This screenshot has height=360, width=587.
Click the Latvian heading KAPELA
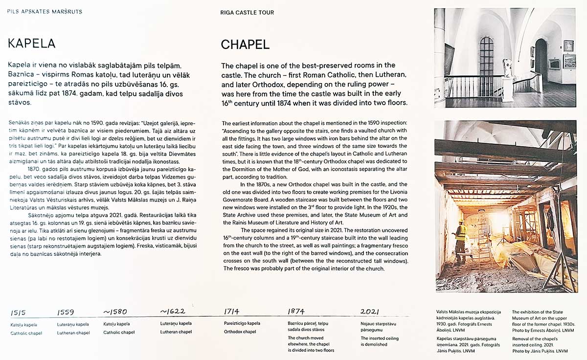click(31, 44)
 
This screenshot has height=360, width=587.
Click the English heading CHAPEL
click(245, 45)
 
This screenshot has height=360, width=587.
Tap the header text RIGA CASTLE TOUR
click(247, 12)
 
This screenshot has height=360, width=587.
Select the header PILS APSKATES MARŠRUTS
click(45, 11)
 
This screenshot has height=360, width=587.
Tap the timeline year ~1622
click(173, 311)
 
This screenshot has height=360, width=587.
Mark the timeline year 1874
click(296, 311)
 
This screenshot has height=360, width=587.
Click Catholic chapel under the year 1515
click(26, 333)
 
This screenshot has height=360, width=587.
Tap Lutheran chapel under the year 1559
click(73, 333)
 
